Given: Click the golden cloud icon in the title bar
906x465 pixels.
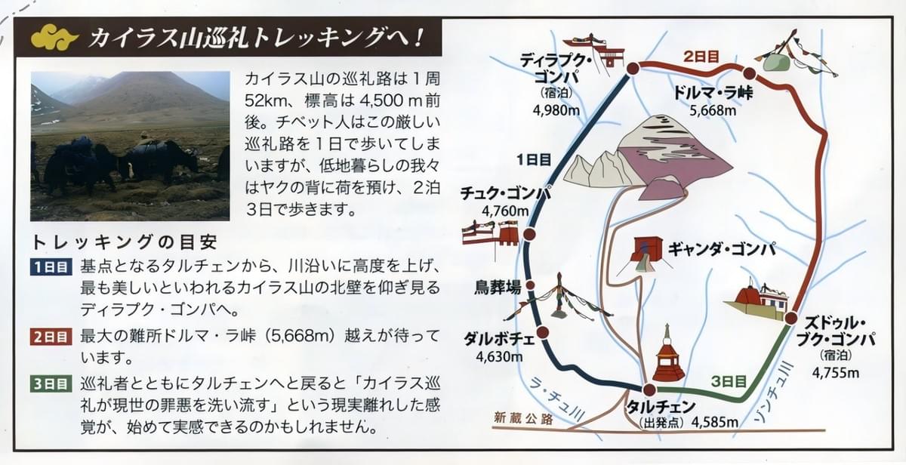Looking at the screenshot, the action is [x=54, y=37].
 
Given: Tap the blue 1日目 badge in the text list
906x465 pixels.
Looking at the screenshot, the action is [x=51, y=267].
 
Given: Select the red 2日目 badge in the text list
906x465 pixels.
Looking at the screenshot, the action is [x=51, y=337].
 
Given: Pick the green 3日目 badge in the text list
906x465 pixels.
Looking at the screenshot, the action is [x=51, y=383].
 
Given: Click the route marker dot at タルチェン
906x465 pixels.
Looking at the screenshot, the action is [x=649, y=390].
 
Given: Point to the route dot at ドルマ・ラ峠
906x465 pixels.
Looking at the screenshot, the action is [x=749, y=73].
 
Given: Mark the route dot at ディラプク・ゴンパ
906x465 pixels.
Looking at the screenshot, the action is [x=633, y=69].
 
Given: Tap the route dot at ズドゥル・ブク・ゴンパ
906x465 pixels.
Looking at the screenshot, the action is [x=791, y=319].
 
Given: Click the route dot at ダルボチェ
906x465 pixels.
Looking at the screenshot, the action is [x=543, y=332].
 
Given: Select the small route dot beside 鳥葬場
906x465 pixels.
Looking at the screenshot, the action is [x=530, y=285].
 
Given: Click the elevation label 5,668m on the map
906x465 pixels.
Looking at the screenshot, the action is [x=713, y=111].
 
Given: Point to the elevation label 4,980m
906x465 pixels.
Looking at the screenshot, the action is [x=556, y=111].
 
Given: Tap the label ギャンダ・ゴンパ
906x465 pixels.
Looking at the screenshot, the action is [x=722, y=249].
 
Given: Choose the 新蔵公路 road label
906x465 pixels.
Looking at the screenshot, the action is [x=523, y=419].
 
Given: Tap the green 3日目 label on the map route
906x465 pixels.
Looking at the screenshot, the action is [x=729, y=381].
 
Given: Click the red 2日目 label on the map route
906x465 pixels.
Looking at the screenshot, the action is [x=701, y=56].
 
